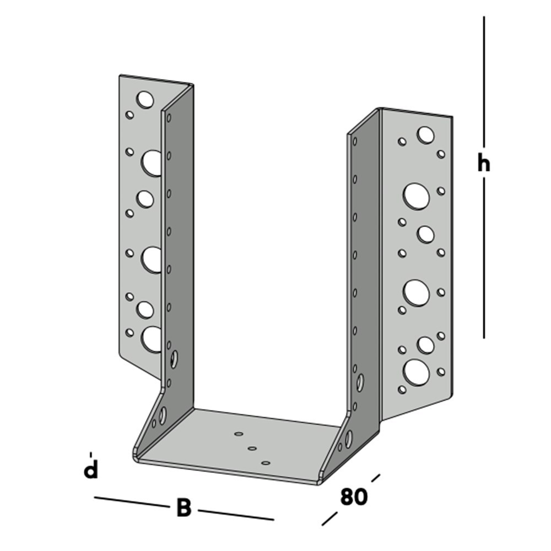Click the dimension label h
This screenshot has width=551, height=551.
(x=483, y=164)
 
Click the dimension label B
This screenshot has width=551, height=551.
(x=183, y=508)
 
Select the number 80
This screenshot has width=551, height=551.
(x=353, y=496)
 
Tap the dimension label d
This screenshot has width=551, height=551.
(x=90, y=470)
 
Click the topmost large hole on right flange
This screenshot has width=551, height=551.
(x=425, y=134)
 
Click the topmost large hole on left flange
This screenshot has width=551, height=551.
(x=145, y=100)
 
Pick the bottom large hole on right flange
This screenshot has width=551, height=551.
(x=416, y=372)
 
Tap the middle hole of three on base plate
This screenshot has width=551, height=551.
(x=252, y=449)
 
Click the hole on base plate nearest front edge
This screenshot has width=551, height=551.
(x=266, y=463)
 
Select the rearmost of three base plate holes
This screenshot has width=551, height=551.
(x=239, y=434)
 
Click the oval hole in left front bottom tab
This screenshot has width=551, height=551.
(x=163, y=415)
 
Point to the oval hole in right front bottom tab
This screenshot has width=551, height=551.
(x=348, y=439)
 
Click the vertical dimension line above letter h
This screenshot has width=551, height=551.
(x=484, y=83)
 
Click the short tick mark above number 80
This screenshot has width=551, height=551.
(x=375, y=477)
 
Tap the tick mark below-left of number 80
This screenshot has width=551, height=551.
(x=329, y=518)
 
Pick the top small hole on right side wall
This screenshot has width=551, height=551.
(x=355, y=141)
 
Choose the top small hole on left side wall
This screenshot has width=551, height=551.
(x=169, y=117)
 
